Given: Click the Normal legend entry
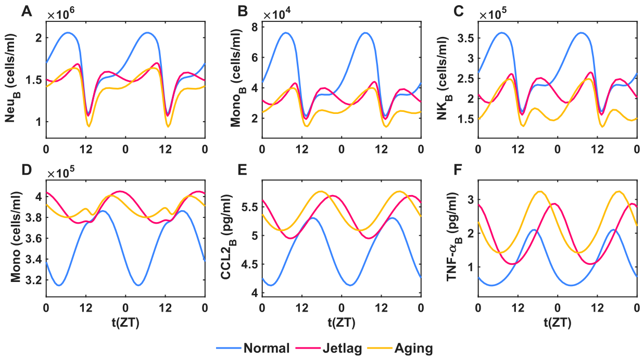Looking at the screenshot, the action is tap(253, 348).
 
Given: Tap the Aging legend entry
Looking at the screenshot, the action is tap(400, 349).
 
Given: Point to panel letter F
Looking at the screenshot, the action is tap(458, 170).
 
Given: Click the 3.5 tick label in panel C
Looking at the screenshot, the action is tap(464, 38).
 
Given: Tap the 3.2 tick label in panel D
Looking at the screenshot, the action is tap(33, 280).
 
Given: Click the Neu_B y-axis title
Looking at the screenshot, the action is tap(11, 78).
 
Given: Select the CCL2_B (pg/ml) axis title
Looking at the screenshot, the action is tap(228, 237).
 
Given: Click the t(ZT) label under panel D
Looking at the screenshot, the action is tap(125, 323).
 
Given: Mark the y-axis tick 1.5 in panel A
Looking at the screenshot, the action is tap(33, 80).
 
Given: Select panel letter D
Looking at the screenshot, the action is tap(27, 170).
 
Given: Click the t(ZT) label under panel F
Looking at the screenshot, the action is tap(558, 323).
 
